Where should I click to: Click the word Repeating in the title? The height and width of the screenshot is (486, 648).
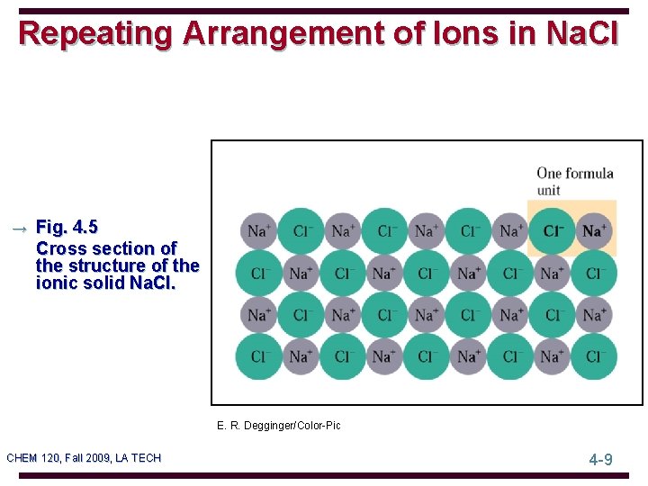(x=95, y=33)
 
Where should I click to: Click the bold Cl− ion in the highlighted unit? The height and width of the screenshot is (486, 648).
(x=553, y=231)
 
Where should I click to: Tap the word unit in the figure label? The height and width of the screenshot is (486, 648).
(x=548, y=190)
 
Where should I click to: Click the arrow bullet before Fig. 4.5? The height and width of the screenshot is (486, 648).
(x=18, y=229)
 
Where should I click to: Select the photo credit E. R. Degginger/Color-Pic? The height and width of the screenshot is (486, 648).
(x=279, y=425)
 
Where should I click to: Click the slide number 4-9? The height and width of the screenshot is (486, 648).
(x=600, y=459)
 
